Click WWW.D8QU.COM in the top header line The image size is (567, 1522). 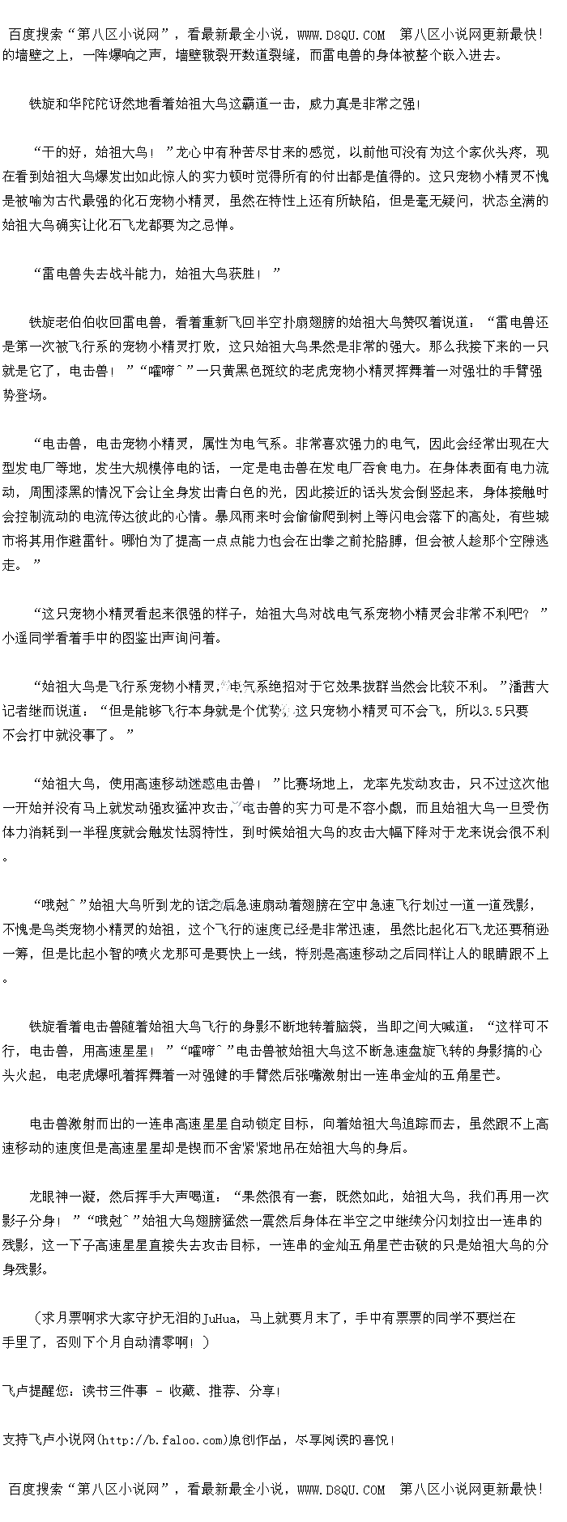[341, 35]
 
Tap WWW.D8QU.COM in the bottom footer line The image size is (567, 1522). [341, 1490]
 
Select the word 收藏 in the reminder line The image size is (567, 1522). [181, 1391]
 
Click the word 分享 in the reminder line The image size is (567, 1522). [262, 1391]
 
